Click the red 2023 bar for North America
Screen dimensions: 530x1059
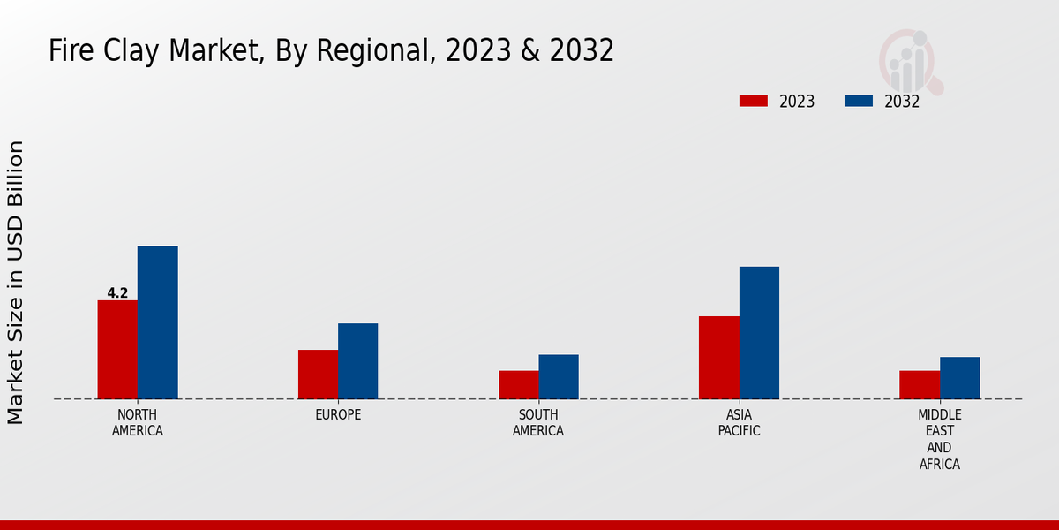pos(117,350)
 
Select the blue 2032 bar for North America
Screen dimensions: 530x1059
pos(157,322)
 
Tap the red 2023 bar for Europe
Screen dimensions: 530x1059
pos(318,375)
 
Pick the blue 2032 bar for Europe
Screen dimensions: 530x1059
pos(357,361)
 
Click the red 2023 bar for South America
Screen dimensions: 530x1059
pos(518,384)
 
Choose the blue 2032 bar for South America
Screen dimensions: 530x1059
pos(559,376)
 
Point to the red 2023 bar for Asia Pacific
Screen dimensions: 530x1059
pos(718,358)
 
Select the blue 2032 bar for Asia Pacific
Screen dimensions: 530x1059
pos(759,333)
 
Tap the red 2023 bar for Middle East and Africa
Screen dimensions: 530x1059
pos(920,384)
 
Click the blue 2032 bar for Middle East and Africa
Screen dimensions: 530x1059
pos(959,378)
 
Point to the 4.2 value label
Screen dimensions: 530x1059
pos(117,293)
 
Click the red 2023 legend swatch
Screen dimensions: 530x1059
pos(753,101)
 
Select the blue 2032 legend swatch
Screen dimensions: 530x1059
pos(858,101)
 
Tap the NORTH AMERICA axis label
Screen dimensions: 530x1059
pos(138,423)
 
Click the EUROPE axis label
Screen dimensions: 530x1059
pos(338,415)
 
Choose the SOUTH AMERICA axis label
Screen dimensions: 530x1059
pos(538,423)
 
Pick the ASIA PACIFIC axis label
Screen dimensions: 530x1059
pos(739,423)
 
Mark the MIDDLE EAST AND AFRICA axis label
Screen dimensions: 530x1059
pos(940,439)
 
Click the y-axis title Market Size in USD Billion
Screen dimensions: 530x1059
pos(16,283)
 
